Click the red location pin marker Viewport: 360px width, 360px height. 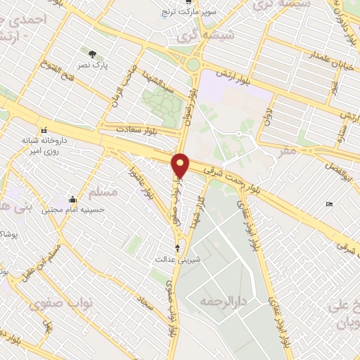[181, 165]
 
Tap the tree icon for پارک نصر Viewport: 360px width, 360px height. [93, 53]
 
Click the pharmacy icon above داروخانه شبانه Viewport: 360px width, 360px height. [45, 129]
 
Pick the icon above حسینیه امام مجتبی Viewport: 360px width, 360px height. [72, 200]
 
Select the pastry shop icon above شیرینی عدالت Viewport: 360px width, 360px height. [177, 247]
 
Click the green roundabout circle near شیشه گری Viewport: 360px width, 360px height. [193, 65]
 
